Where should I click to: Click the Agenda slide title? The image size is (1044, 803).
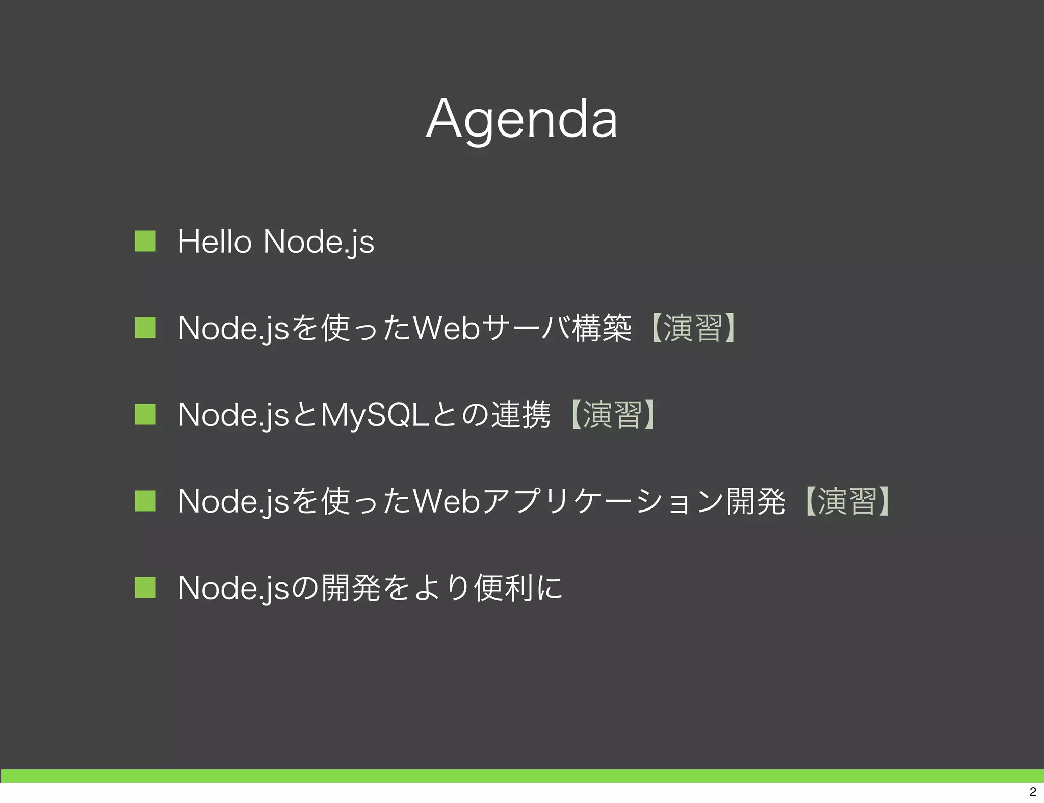click(x=521, y=119)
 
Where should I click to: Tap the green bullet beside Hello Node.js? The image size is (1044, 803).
click(x=145, y=241)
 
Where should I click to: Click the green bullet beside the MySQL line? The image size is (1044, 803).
click(x=145, y=414)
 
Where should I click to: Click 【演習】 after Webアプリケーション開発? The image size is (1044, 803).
click(x=847, y=501)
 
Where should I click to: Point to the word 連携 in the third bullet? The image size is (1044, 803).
click(x=520, y=415)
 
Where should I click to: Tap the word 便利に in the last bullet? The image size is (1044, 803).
click(x=518, y=588)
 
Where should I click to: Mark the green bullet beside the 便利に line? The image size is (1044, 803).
click(x=145, y=587)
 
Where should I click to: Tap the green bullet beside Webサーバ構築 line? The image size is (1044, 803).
click(x=145, y=328)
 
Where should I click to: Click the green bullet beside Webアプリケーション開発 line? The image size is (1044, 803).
click(x=145, y=501)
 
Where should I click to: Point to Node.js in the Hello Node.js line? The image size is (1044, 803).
click(x=319, y=242)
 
